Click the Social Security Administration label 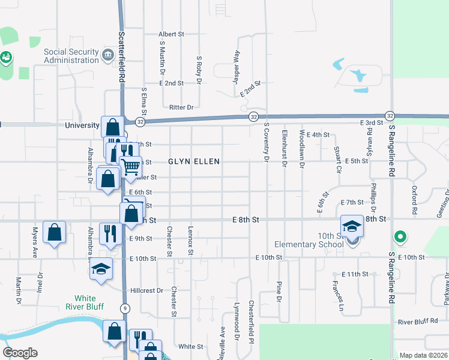(71, 56)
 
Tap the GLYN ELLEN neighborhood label (193, 162)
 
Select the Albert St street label (171, 34)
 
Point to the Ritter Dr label (182, 107)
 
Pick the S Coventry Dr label (265, 142)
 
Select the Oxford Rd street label (414, 200)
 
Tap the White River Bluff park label (89, 302)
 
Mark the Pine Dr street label (279, 290)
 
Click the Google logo (20, 353)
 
